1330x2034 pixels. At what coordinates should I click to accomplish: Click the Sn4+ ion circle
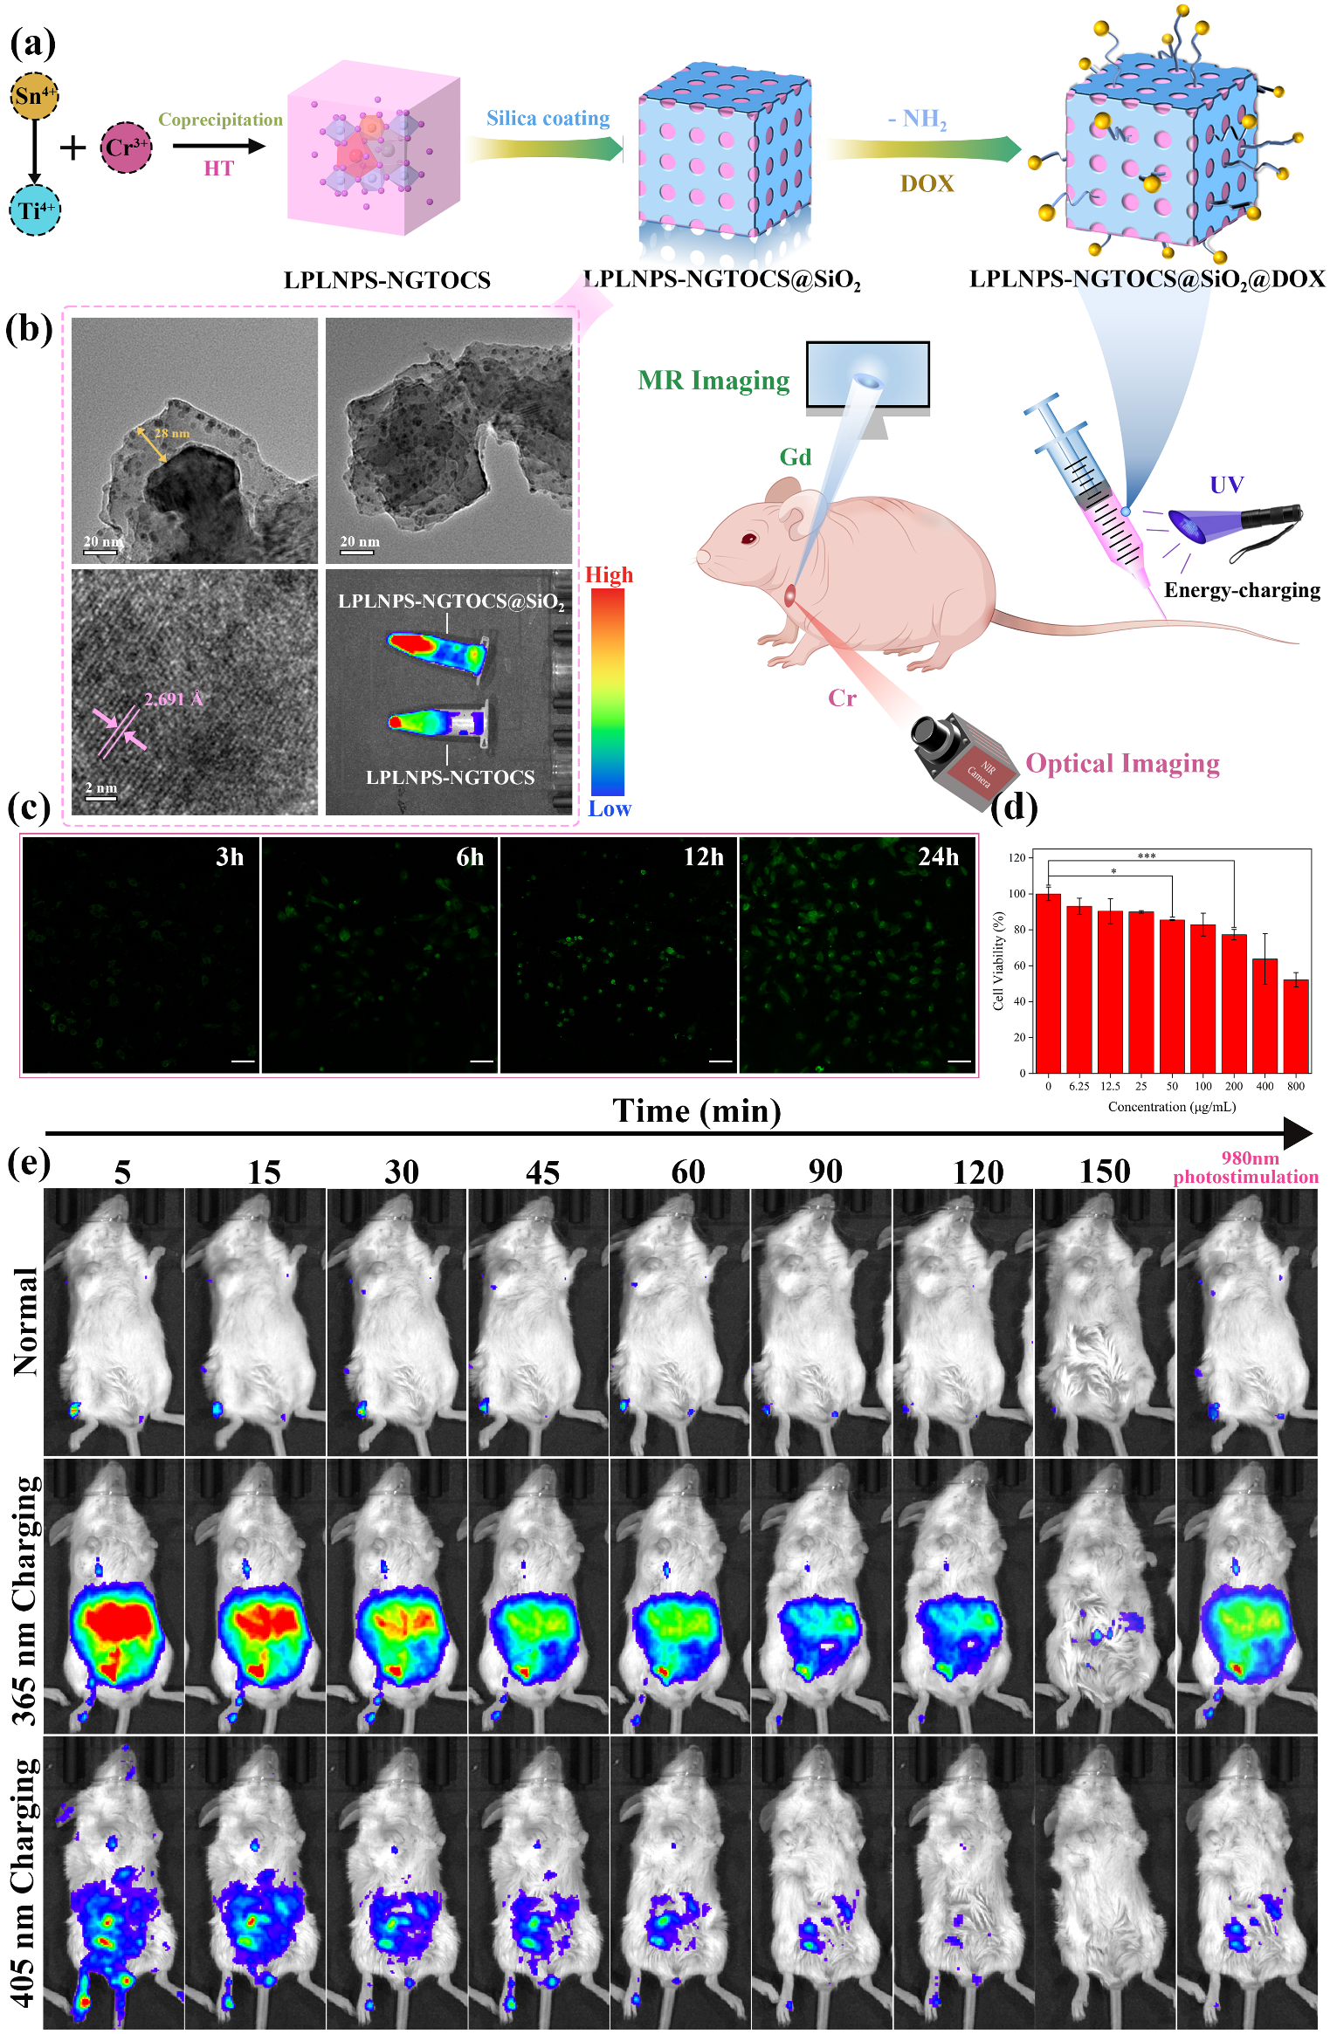34,95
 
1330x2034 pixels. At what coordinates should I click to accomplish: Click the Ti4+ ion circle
35,210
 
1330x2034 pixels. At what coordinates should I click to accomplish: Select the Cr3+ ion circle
126,147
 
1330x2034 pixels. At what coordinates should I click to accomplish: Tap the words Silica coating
548,118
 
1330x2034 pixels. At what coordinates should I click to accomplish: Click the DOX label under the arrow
927,183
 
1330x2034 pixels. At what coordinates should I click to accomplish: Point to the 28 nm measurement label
171,433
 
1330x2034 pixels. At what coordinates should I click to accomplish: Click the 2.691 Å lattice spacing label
173,699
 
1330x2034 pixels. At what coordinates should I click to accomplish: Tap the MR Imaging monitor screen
867,374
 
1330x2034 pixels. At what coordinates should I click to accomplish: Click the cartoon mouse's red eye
748,538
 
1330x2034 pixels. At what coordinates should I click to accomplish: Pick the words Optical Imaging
1122,764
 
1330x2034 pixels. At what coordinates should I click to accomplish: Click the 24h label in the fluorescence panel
938,857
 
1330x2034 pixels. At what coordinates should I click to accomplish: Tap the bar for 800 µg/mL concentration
1296,1027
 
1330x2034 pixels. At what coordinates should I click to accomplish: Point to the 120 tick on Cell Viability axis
1016,858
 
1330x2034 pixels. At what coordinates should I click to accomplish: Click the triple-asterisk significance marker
1146,856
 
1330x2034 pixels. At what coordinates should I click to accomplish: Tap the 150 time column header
1105,1172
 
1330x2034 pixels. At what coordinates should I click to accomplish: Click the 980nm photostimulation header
1246,1168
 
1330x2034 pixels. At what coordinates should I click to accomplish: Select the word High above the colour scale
609,575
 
